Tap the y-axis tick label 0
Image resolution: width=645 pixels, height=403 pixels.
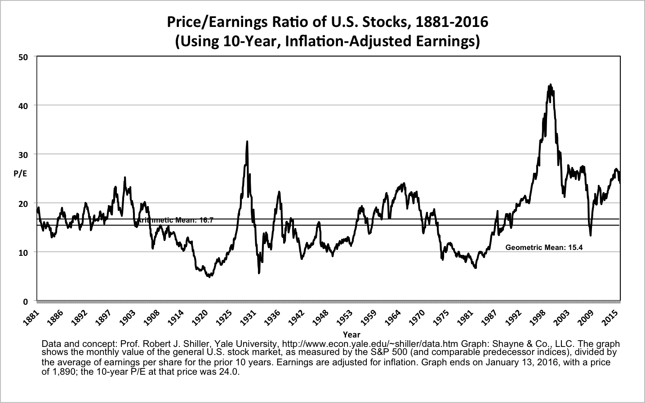click(26, 301)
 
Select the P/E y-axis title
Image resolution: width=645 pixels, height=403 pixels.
click(20, 175)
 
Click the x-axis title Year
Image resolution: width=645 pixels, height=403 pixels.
click(351, 334)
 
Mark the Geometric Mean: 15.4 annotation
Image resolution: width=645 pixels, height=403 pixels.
click(544, 247)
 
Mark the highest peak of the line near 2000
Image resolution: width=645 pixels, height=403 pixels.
click(550, 84)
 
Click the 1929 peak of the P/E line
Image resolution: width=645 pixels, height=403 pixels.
click(247, 141)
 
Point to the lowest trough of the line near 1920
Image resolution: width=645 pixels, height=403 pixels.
click(209, 277)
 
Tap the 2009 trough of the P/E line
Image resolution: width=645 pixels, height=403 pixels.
click(590, 235)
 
